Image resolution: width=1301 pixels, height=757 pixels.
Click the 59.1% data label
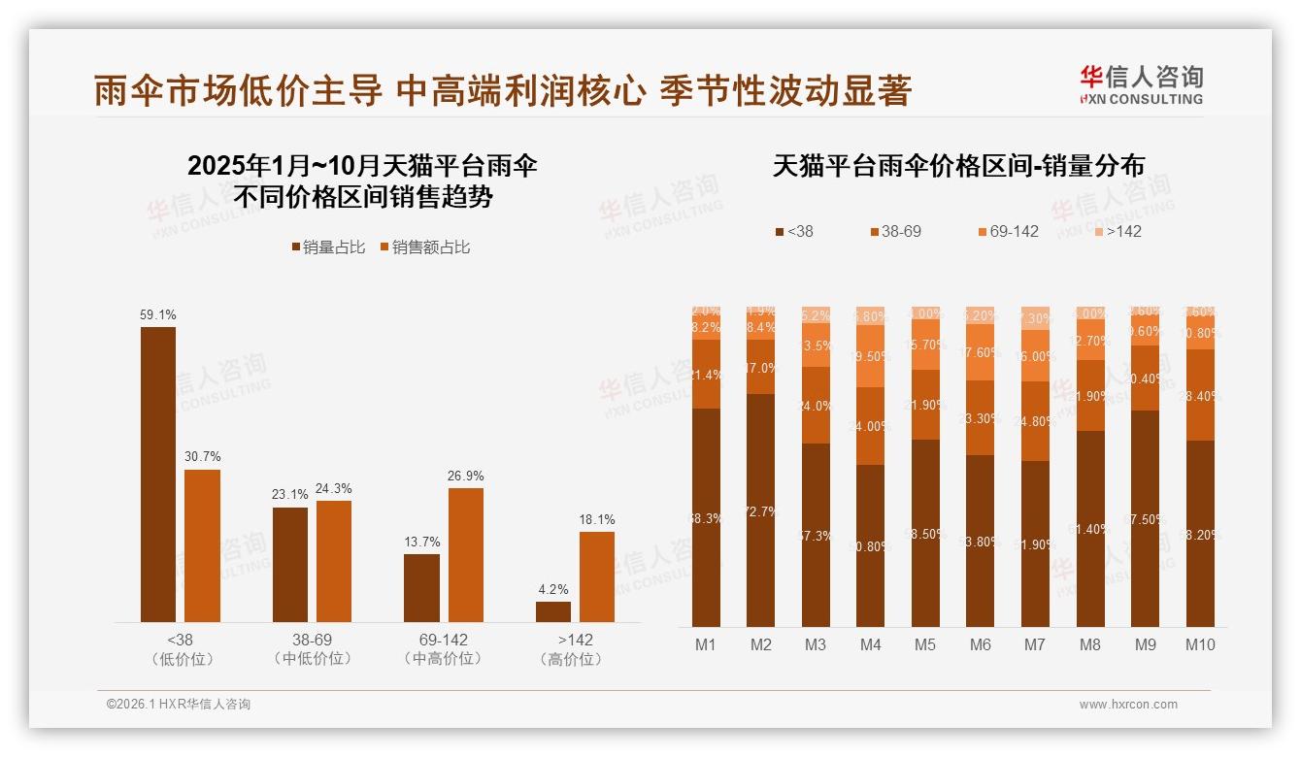[x=158, y=315]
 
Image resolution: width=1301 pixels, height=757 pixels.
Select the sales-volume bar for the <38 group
[x=158, y=475]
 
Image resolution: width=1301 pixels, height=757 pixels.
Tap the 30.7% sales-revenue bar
[x=202, y=545]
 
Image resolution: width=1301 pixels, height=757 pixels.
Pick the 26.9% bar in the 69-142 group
[x=465, y=555]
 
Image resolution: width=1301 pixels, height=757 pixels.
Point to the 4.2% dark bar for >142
[x=553, y=611]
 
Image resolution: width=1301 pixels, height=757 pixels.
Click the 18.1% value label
[x=597, y=520]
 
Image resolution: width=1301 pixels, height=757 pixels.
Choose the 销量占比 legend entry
[x=328, y=247]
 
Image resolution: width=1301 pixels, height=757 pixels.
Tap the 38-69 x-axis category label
[x=312, y=641]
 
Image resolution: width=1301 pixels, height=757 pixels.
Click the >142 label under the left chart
[x=575, y=641]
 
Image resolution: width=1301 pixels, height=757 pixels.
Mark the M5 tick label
[x=925, y=644]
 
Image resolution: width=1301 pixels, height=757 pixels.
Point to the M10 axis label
[x=1200, y=644]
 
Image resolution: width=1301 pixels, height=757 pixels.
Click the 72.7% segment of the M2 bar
[x=761, y=510]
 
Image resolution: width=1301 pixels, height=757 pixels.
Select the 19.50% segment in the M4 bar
[x=871, y=356]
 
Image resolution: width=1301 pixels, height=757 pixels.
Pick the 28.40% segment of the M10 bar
[x=1200, y=395]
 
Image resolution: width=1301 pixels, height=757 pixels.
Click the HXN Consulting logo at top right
[x=1141, y=85]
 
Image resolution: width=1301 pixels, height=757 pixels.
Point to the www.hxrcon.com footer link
[x=1128, y=705]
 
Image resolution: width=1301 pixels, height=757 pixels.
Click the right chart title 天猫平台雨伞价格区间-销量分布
[x=958, y=166]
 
